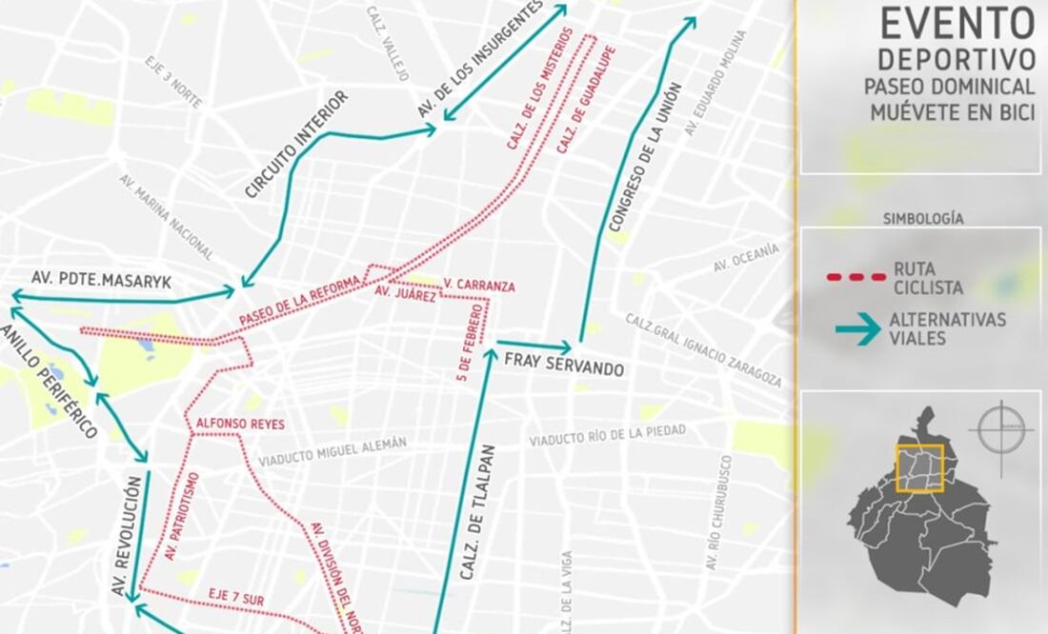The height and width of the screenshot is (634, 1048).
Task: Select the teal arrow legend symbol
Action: (857, 329)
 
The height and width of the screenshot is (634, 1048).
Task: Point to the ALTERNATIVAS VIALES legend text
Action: (947, 328)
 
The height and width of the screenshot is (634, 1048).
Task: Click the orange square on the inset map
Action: (919, 468)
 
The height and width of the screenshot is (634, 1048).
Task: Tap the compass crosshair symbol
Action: (1001, 430)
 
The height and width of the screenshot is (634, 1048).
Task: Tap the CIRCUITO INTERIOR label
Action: (296, 145)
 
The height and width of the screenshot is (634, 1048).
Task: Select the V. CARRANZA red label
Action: (479, 286)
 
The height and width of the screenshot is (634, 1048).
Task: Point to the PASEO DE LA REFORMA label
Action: (299, 301)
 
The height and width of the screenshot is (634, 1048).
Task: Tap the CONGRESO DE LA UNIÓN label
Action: (645, 157)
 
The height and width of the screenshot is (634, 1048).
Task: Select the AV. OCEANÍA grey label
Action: (746, 258)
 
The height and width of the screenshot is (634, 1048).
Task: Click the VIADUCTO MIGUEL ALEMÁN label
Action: (332, 450)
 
